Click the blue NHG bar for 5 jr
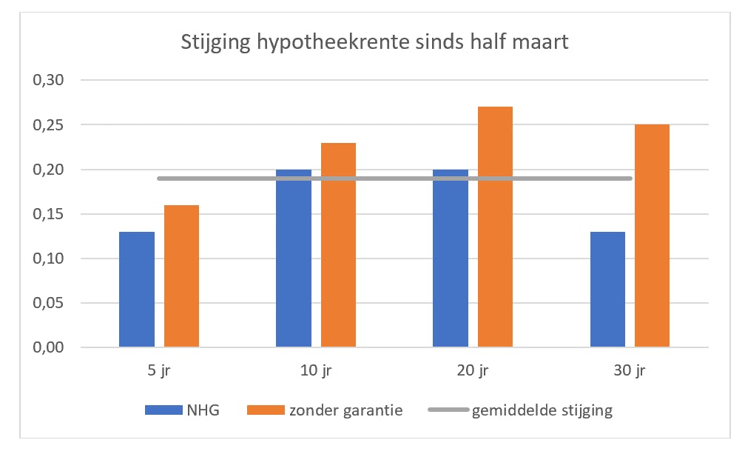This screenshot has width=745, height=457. pyautogui.click(x=137, y=290)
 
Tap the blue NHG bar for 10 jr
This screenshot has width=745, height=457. pyautogui.click(x=294, y=258)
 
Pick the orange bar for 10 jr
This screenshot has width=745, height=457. pyautogui.click(x=338, y=245)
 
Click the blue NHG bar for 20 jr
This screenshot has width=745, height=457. pyautogui.click(x=451, y=258)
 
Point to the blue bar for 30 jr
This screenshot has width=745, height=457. pyautogui.click(x=607, y=290)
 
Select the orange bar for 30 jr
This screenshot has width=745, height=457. pyautogui.click(x=652, y=236)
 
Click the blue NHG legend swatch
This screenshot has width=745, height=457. pyautogui.click(x=163, y=410)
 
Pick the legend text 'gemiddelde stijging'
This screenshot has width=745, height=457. pyautogui.click(x=542, y=410)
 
